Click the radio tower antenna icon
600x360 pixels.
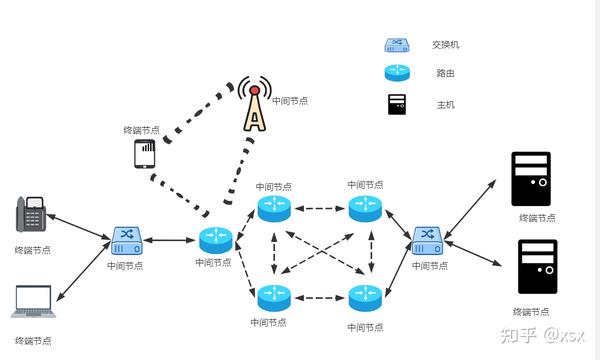pos(256,105)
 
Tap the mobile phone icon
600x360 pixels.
pos(144,154)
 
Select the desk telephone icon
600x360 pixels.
pos(33,216)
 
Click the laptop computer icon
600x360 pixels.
pos(33,303)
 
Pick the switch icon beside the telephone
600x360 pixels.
pos(127,238)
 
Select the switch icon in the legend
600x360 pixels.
pos(397,45)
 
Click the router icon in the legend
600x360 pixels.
pos(397,73)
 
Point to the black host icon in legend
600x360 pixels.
pos(397,103)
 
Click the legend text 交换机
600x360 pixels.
pos(445,45)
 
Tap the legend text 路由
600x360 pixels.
pos(441,74)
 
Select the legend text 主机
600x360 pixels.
pos(441,104)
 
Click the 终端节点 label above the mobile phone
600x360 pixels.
pos(141,130)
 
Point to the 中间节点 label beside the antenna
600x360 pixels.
pos(291,101)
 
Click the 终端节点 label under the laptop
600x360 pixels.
pos(33,340)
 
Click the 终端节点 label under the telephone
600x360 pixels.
pos(33,250)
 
